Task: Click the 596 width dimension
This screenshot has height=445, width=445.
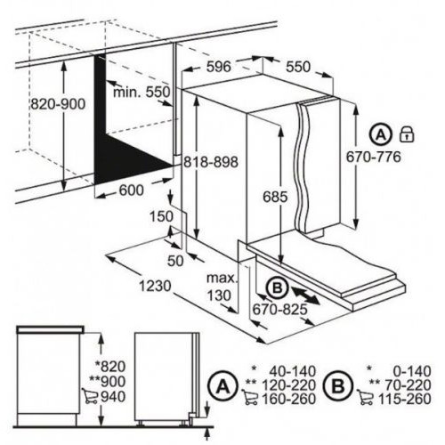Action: [218, 67]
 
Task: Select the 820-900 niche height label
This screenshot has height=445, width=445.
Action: [58, 104]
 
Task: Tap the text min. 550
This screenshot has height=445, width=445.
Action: [142, 92]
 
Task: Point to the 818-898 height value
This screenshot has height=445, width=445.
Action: [211, 162]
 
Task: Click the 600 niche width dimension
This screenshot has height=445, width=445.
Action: [132, 190]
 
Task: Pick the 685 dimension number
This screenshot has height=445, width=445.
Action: [275, 197]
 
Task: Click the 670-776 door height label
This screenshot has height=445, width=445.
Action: [374, 157]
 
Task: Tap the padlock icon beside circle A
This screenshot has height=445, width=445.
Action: [407, 133]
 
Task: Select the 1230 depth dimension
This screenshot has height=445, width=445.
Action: [155, 286]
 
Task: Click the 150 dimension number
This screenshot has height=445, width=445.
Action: [161, 216]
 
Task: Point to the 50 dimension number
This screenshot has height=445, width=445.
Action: [175, 261]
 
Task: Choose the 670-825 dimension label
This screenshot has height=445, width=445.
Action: [279, 310]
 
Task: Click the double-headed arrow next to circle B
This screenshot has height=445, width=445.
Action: [306, 295]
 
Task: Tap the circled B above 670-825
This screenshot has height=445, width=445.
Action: [277, 287]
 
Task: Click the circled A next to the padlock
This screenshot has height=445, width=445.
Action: [381, 135]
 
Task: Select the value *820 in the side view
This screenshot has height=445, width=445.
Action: [110, 367]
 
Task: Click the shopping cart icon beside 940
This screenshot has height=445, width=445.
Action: [90, 396]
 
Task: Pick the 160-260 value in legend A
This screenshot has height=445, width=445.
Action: [288, 399]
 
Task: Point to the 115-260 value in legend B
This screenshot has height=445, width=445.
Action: [404, 399]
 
